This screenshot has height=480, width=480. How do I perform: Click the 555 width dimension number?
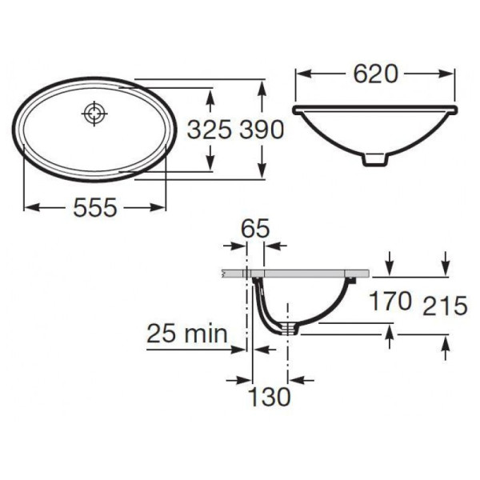pos(95,207)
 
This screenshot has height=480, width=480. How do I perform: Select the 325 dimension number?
pos(210,130)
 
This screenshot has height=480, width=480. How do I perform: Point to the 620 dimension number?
pos(375,74)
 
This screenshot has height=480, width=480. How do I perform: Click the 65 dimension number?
pos(255,227)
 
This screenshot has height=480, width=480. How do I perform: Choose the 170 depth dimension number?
pos(390,302)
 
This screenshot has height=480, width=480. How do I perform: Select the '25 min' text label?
pos(186,334)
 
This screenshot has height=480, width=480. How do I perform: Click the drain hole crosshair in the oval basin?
pos(94,114)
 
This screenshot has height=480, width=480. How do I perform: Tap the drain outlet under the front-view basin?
pos(374,159)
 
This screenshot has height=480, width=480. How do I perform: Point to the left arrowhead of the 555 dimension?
pos(29,207)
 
